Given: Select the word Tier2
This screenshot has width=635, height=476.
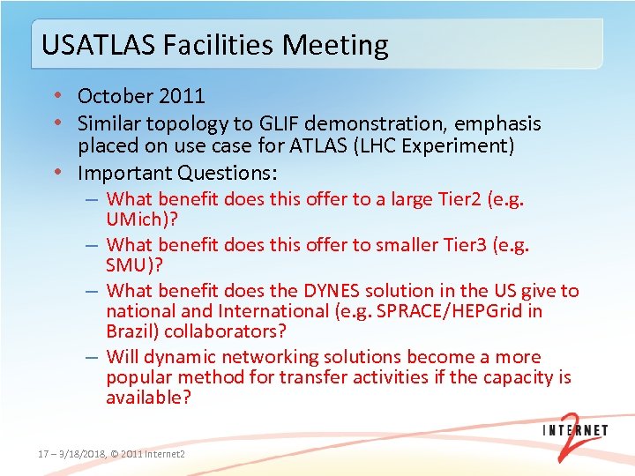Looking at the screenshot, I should click(x=457, y=199).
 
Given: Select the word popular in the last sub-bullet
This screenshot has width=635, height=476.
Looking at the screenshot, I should click(x=140, y=378).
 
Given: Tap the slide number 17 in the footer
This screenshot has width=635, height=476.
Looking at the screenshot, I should click(x=42, y=454).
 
